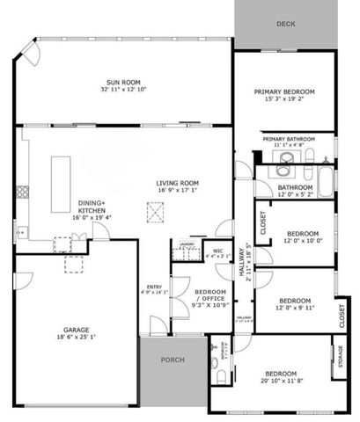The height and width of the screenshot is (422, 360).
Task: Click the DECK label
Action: [285, 24]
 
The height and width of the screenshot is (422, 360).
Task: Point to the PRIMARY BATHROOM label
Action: [286, 139]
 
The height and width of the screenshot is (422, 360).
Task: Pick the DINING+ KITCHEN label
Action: [92, 207]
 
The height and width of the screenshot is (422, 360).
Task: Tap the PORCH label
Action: [173, 360]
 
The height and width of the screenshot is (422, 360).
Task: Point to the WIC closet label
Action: [217, 251]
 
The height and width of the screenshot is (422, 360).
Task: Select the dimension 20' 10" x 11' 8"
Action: [283, 381]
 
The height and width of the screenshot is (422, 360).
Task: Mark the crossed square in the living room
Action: [156, 209]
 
